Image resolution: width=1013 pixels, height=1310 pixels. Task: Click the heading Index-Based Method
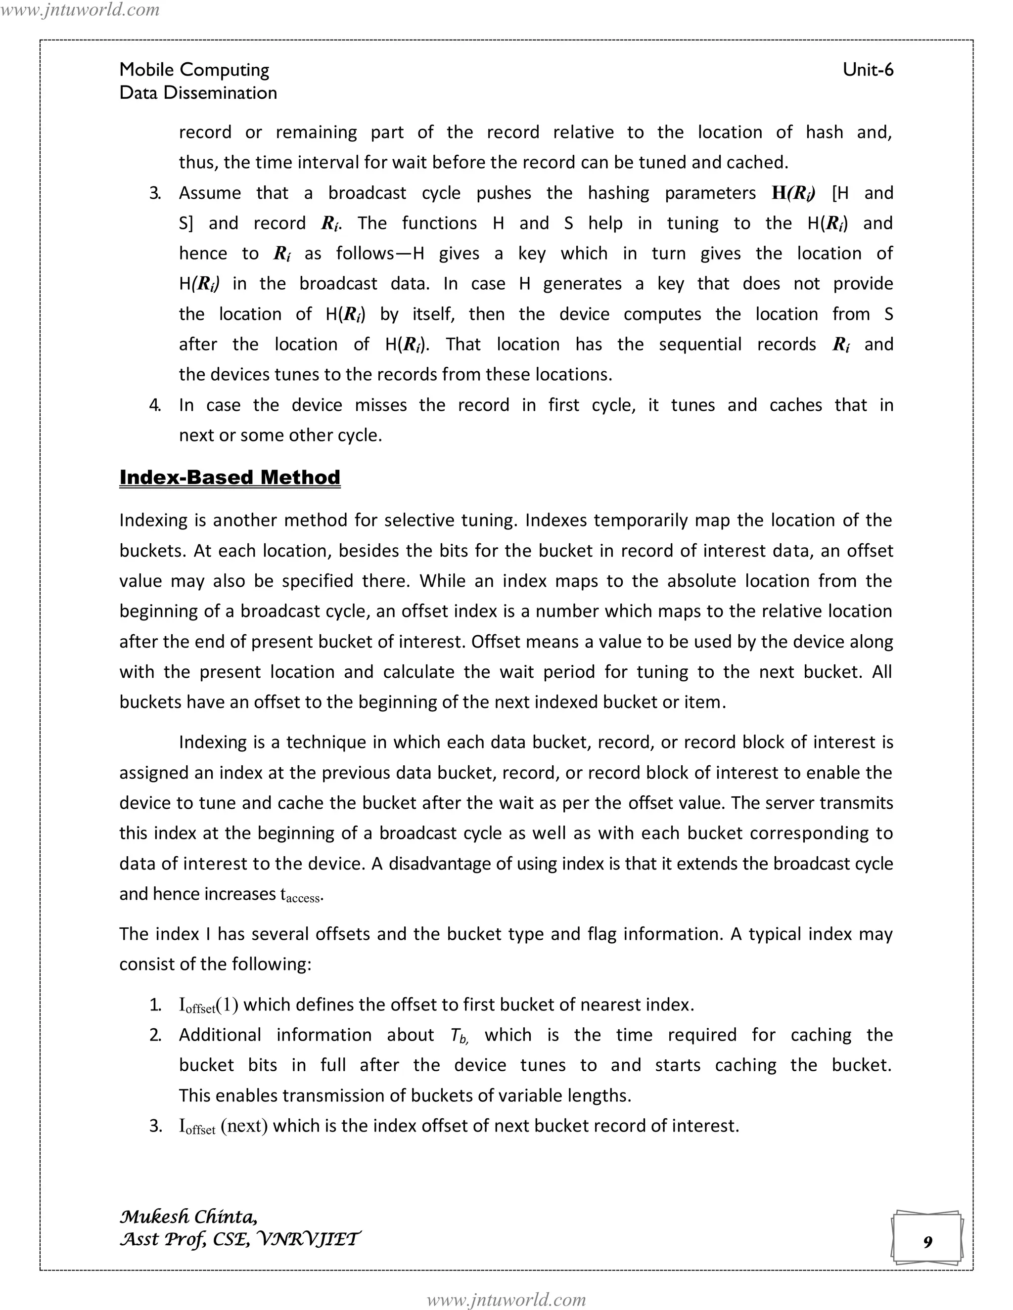click(230, 478)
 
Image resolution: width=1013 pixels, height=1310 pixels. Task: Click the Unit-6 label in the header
click(868, 70)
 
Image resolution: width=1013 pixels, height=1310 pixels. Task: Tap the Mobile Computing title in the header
click(194, 70)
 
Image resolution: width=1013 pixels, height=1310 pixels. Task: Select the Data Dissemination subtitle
click(198, 93)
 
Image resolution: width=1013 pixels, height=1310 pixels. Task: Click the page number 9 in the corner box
click(927, 1242)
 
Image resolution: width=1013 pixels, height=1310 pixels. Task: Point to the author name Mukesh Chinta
click(188, 1217)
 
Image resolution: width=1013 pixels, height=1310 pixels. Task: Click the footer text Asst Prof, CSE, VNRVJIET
click(240, 1239)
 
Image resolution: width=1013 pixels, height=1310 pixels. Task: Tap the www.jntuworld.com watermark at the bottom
click(506, 1299)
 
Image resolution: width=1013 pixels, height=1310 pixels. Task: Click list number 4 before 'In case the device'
click(155, 405)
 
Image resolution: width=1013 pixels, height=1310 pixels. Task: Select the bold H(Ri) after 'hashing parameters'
click(793, 193)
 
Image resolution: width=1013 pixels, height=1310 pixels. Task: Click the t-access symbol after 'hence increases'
click(302, 895)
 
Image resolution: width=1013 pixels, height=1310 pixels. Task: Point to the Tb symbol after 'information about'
click(459, 1036)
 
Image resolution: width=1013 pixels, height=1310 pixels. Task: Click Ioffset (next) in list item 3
click(223, 1127)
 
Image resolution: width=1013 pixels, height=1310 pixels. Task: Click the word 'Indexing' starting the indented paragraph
click(213, 742)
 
